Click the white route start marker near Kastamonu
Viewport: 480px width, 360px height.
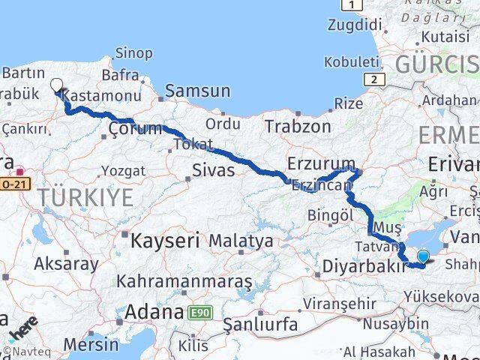click(56, 85)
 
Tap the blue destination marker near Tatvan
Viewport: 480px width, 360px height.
click(423, 256)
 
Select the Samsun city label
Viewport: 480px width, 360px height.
click(197, 91)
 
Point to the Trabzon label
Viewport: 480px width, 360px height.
click(297, 126)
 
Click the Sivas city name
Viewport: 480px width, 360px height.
click(213, 170)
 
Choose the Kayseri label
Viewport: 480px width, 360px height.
click(165, 241)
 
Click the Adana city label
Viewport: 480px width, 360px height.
click(154, 311)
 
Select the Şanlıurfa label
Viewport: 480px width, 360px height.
click(260, 325)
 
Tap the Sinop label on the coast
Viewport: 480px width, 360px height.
click(134, 54)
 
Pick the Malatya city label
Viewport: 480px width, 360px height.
click(241, 241)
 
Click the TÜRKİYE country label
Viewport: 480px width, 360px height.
click(86, 198)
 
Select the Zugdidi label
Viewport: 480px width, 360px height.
click(353, 25)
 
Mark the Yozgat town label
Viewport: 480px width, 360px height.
click(123, 171)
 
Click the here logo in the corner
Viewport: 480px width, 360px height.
click(22, 328)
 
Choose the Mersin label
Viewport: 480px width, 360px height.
click(91, 344)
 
